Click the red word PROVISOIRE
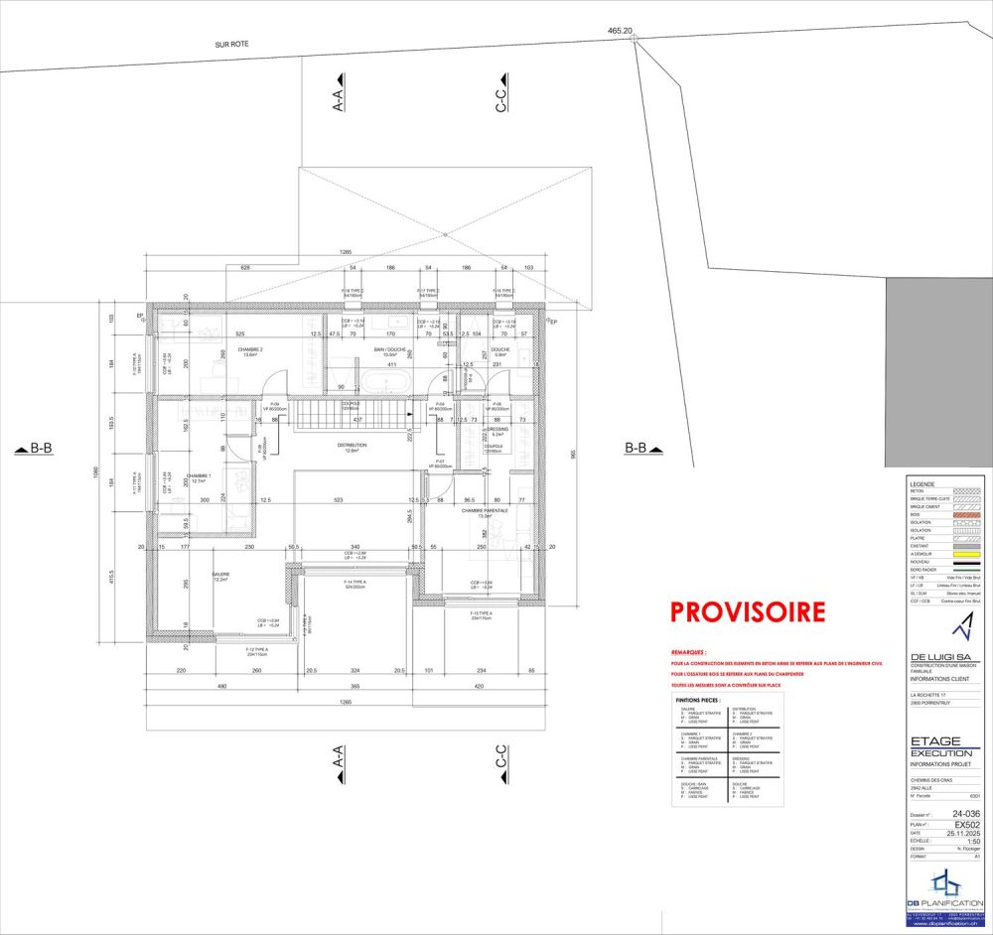748,611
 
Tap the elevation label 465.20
620,31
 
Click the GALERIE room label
220,576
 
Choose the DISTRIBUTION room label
353,446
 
